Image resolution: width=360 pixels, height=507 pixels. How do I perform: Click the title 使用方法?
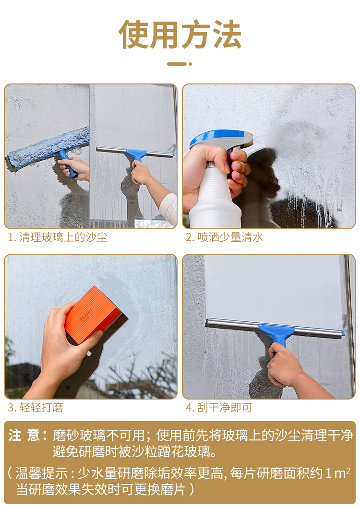[180, 34]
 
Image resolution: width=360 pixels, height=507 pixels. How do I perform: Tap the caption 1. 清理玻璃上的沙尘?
[57, 237]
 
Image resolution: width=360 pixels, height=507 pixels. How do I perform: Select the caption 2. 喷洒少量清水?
[224, 237]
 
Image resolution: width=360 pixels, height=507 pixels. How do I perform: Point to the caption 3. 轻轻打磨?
[35, 407]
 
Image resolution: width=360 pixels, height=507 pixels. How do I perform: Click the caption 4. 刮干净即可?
[219, 407]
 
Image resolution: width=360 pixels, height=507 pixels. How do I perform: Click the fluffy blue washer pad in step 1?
[48, 148]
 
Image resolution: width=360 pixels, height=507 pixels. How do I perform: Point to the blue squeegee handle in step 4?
[278, 335]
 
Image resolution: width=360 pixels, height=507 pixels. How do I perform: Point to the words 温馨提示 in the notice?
[42, 473]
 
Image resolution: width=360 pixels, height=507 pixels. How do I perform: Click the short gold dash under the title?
[177, 64]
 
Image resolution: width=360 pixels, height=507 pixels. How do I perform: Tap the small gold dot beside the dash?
[190, 64]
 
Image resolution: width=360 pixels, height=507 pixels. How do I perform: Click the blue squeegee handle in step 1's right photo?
[136, 155]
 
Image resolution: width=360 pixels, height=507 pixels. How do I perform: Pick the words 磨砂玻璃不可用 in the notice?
[99, 435]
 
